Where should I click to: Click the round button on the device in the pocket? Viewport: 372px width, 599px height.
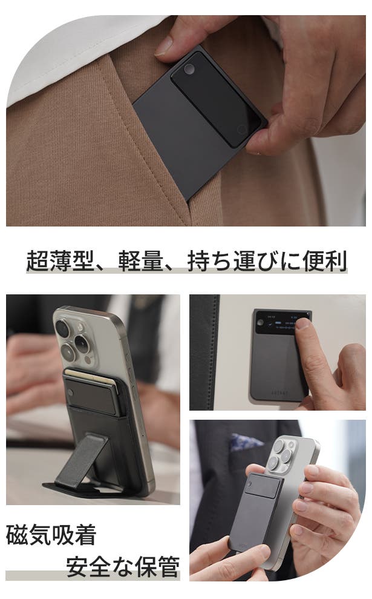(x=189, y=70)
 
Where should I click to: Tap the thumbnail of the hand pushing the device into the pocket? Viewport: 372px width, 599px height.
(x=186, y=121)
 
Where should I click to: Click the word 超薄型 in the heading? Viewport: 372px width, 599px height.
(x=60, y=261)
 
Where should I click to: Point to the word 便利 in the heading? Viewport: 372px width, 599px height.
(x=325, y=261)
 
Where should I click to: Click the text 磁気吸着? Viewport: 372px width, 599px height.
(x=51, y=535)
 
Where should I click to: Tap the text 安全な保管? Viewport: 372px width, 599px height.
(x=123, y=566)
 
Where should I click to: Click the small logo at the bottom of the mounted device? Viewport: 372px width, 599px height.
(x=279, y=392)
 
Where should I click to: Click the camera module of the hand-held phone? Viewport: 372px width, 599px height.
(x=282, y=455)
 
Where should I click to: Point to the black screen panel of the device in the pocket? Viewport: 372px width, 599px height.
(x=215, y=99)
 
